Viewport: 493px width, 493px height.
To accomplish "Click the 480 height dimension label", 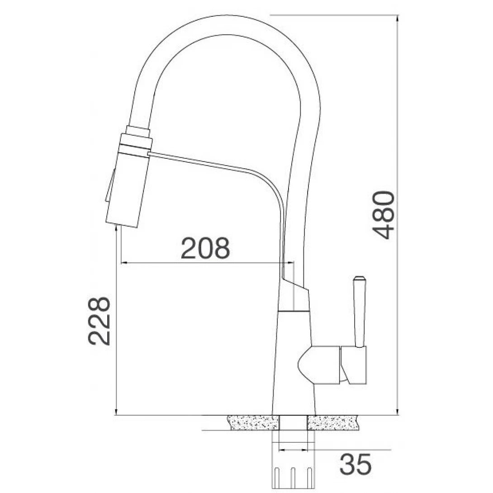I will [x=384, y=215].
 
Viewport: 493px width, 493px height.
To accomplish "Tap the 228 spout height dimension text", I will [x=99, y=321].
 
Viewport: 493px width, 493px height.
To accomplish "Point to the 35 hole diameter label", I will [x=356, y=464].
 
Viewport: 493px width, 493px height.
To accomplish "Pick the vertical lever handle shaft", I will [x=360, y=317].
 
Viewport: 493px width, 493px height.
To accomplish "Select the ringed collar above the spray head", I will [x=136, y=140].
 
